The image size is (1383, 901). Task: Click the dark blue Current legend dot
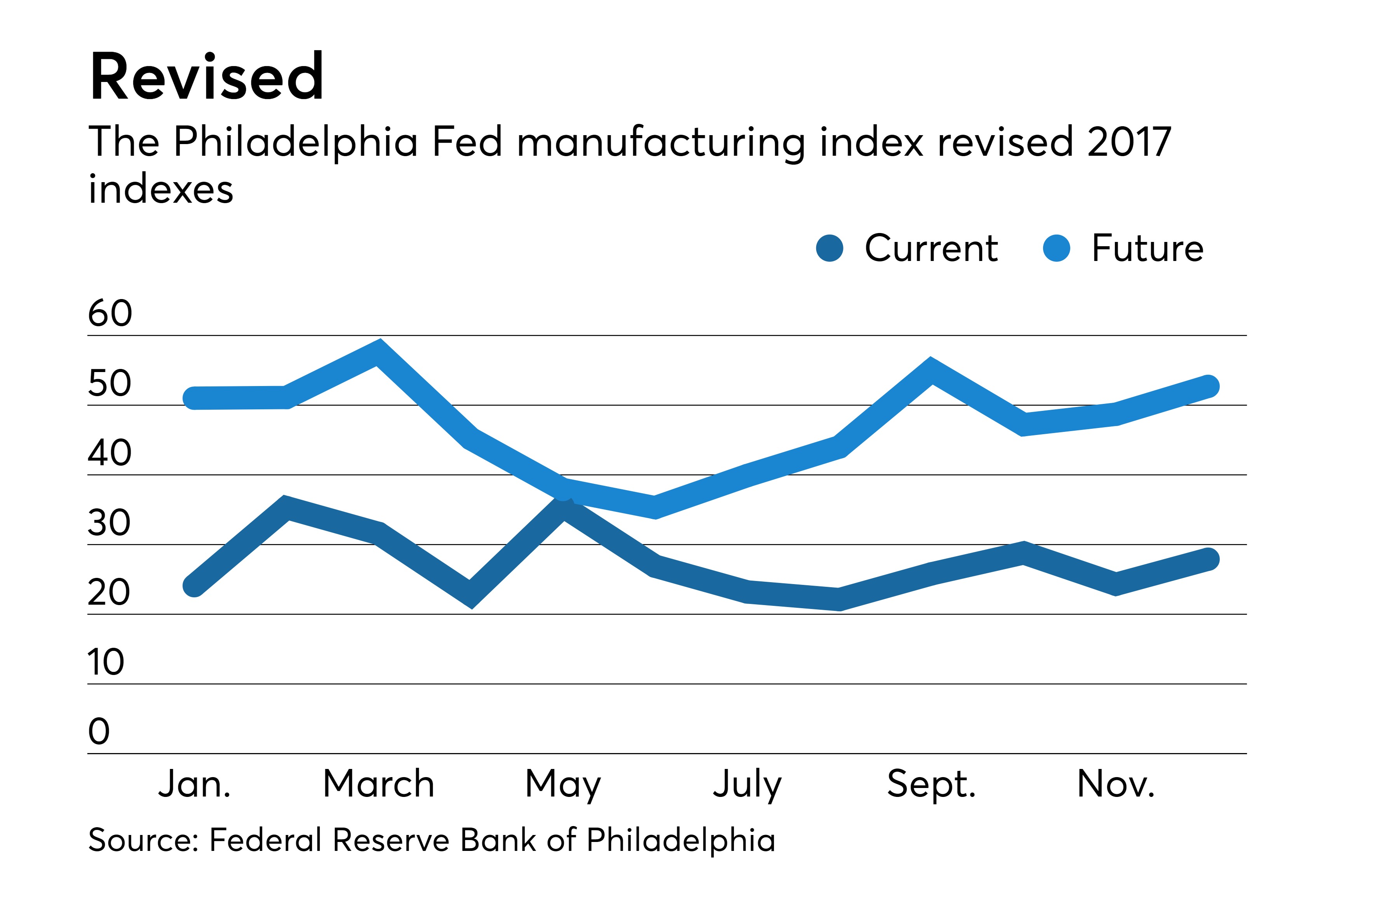coord(829,249)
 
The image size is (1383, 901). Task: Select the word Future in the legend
coord(1147,249)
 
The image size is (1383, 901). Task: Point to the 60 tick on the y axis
coord(110,314)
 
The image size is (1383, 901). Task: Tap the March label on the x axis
coord(378,784)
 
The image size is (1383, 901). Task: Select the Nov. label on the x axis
coord(1116,784)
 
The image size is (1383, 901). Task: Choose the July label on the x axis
coord(747,784)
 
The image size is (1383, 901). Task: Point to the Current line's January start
coord(194,586)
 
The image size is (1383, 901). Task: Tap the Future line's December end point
coord(1208,386)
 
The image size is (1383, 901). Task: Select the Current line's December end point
coord(1208,559)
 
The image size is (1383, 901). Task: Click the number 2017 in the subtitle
coord(1129,142)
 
